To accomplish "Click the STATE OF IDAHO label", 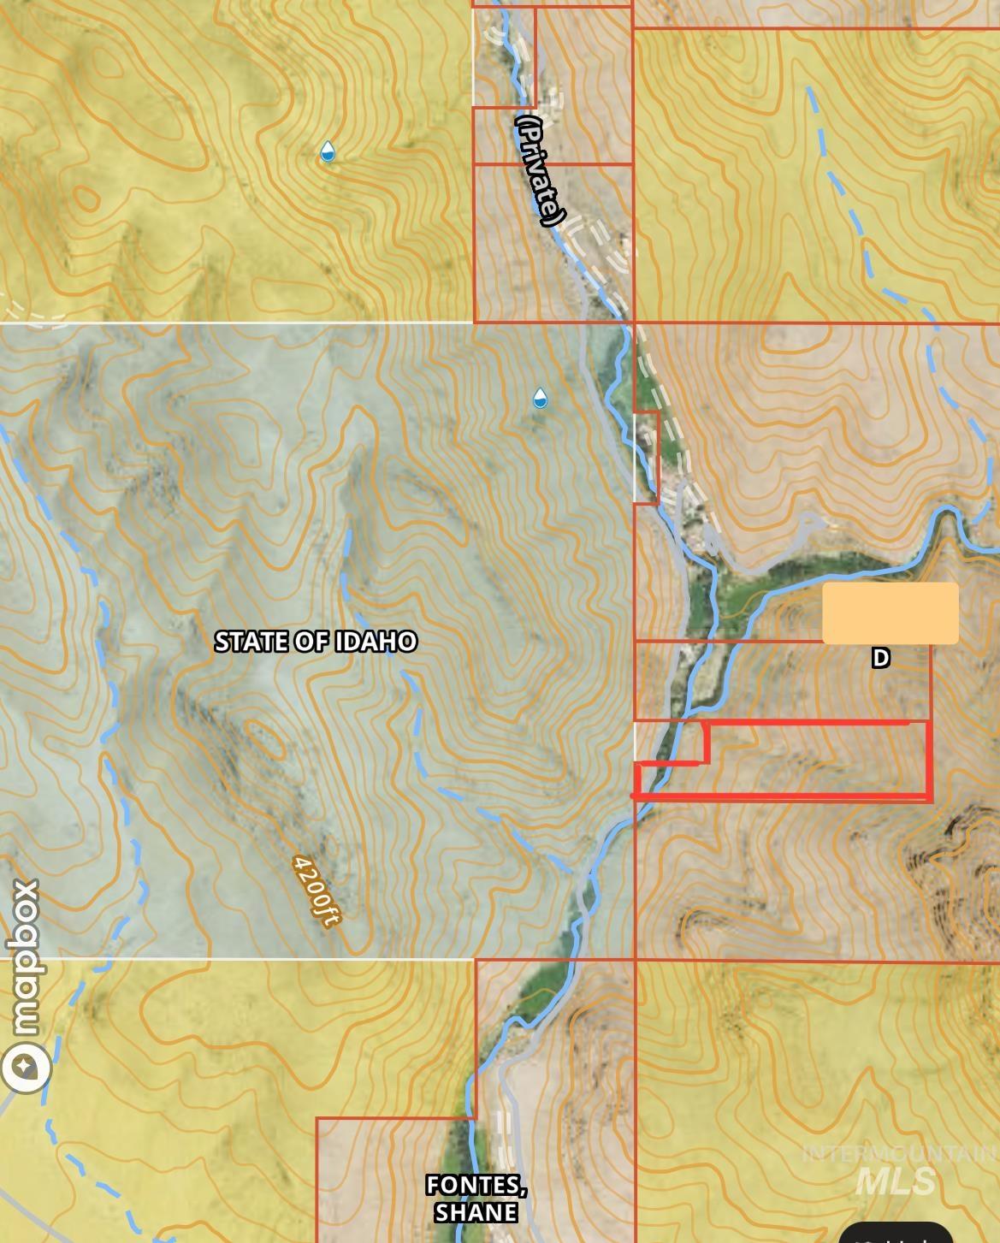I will (315, 642).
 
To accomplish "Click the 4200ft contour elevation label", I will (316, 890).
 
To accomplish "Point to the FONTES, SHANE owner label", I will (476, 1199).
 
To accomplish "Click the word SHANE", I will (476, 1212).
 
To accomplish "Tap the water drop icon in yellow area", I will (327, 152).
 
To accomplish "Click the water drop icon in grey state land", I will (540, 398).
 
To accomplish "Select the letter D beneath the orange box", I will (880, 658).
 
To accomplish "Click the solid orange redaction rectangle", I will (890, 613).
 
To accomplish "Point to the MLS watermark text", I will (895, 1181).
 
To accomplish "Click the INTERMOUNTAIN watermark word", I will (898, 1153).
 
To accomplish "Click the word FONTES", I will (476, 1185).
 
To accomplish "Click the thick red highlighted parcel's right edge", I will (930, 760).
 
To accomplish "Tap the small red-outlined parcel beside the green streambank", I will (647, 457).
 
